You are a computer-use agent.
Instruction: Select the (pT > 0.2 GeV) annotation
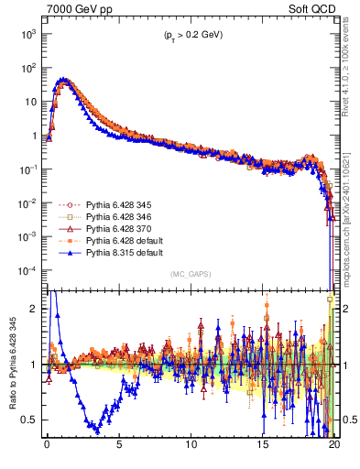[191, 35]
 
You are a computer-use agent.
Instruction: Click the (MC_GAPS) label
[191, 274]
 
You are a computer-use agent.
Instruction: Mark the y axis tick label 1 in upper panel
[34, 136]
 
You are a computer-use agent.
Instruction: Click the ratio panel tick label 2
[34, 309]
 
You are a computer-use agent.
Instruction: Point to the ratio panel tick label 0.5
[29, 420]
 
